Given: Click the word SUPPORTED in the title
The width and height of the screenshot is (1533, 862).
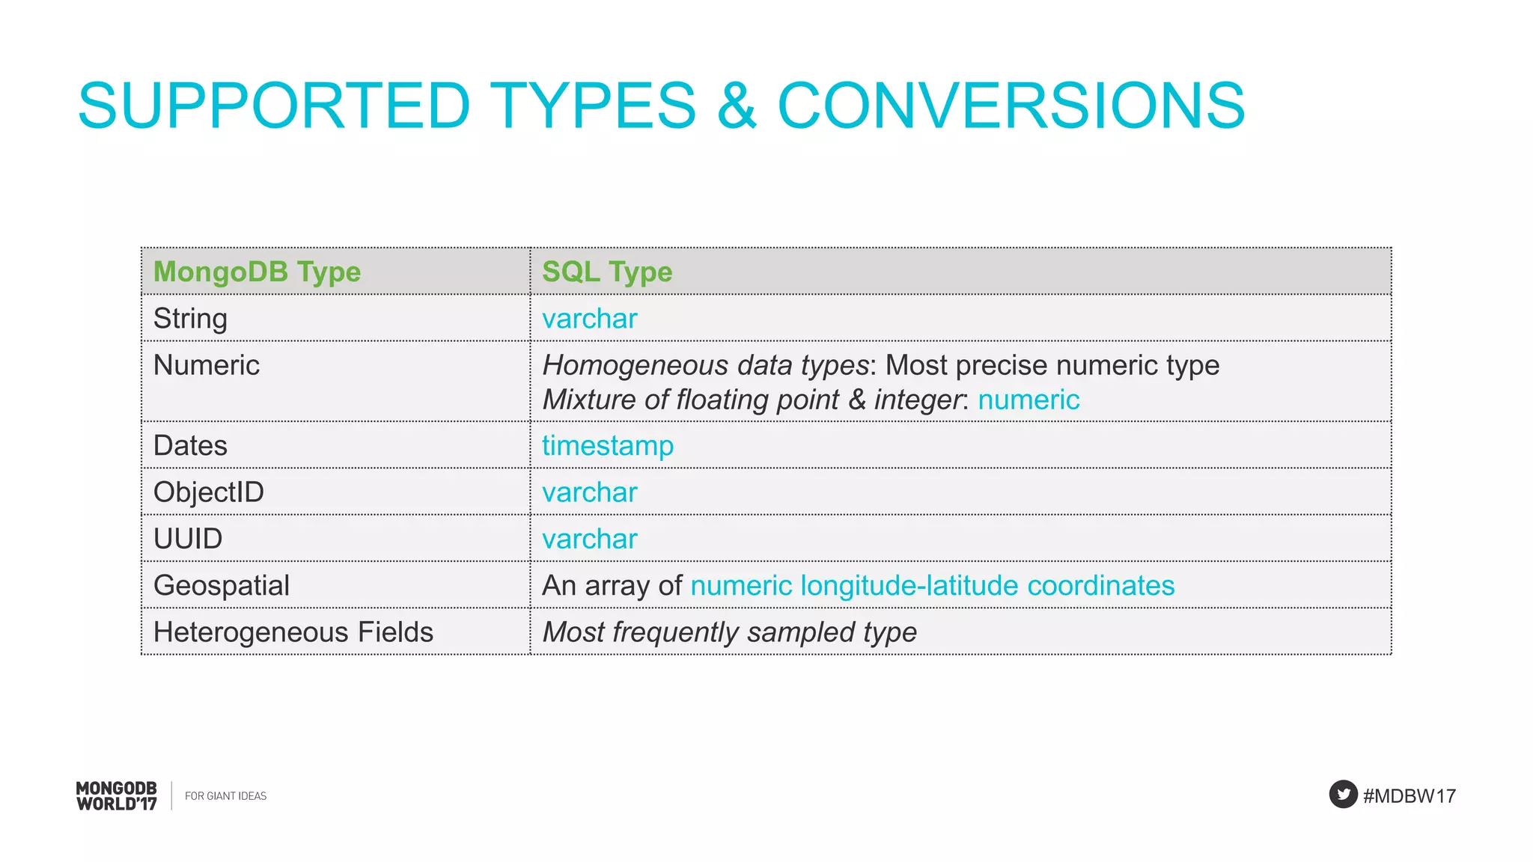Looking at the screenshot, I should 274,106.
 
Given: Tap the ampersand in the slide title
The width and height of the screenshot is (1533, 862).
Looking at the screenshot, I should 737,106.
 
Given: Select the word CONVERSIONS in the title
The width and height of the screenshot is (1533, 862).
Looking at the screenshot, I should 1011,106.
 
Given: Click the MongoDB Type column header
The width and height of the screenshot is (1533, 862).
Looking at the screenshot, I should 257,272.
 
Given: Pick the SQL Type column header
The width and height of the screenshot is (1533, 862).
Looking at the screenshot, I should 607,272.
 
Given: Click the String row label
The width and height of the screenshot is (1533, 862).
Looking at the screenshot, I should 190,319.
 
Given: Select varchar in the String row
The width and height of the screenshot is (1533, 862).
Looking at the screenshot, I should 589,319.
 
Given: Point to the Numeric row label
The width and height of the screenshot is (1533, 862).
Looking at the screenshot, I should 207,365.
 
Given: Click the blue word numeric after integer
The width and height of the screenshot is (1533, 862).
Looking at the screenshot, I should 1028,400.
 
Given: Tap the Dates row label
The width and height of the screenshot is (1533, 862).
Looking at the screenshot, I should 190,446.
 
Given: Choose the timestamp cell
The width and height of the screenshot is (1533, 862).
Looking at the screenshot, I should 607,446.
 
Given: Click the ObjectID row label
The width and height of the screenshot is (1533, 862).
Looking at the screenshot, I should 209,492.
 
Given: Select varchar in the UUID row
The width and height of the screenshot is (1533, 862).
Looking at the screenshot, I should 589,539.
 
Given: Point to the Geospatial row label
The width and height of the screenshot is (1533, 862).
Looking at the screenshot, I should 222,585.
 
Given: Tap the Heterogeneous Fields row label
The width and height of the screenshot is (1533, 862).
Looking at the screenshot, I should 293,632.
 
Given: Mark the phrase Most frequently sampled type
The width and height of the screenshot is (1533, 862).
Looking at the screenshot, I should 729,632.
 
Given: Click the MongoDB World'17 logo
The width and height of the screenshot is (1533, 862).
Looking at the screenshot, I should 117,796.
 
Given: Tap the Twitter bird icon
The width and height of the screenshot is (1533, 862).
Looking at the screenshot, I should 1343,795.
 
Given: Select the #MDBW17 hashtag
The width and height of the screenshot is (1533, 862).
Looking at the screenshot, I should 1409,796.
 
